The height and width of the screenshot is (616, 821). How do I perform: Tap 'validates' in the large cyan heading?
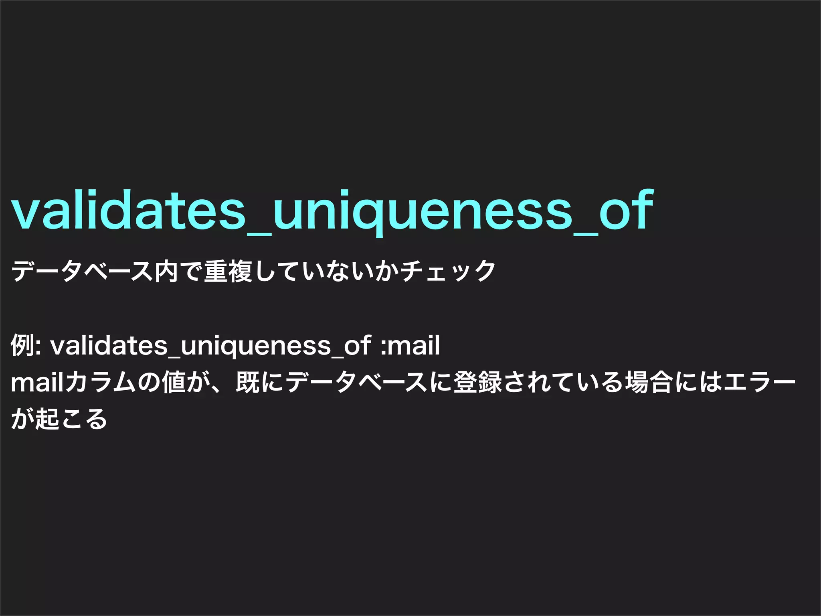tap(128, 211)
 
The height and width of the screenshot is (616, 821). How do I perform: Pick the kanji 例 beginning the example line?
tap(22, 345)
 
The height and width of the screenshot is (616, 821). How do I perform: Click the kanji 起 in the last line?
tap(47, 419)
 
